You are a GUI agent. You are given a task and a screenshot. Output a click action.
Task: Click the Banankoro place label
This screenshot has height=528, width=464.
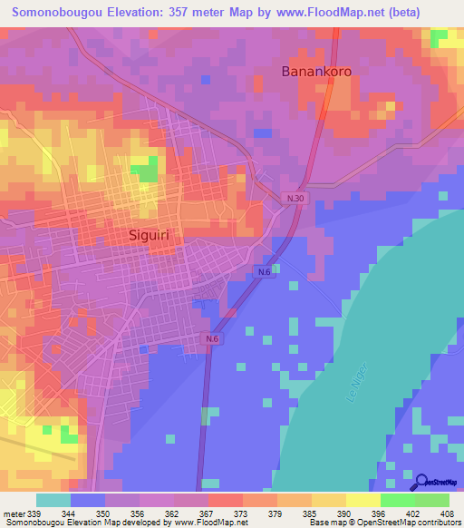click(316, 71)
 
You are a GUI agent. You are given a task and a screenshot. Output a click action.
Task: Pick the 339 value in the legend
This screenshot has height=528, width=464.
click(35, 514)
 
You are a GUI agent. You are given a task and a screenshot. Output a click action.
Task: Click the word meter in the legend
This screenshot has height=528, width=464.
click(14, 514)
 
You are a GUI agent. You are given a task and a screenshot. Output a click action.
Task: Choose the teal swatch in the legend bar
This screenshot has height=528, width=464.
click(53, 500)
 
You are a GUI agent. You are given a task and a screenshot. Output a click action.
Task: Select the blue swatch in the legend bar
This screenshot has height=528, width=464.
click(87, 500)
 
